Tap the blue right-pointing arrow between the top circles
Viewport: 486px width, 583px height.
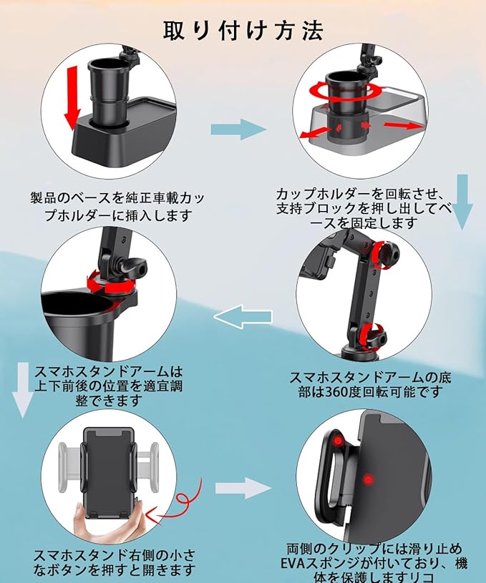tap(238, 130)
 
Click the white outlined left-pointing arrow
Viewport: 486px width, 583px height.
tap(246, 315)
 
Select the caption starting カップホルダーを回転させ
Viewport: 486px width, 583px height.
tap(364, 208)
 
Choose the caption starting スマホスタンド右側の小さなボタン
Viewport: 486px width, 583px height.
tap(114, 562)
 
